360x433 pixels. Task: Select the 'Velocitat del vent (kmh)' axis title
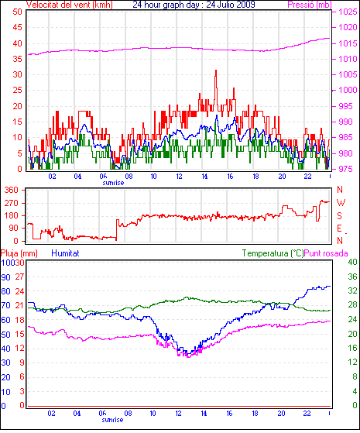tap(70, 5)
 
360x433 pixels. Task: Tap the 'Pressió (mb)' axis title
tap(310, 5)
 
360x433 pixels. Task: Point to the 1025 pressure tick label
tap(348, 12)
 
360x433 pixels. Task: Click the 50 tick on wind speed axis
tap(17, 12)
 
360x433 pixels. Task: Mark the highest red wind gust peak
tap(216, 70)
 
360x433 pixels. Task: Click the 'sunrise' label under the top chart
tap(113, 183)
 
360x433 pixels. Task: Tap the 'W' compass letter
tap(341, 203)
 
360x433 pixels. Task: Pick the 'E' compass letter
tap(339, 228)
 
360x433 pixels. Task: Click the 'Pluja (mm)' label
tap(19, 253)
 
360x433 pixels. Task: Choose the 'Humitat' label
tap(66, 253)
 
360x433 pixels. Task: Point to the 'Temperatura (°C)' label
tap(273, 253)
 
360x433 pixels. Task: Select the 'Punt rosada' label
tap(326, 253)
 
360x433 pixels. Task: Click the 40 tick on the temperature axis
tap(352, 262)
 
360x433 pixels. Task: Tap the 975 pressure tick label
tap(345, 169)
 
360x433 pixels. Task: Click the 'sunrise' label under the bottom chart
tap(112, 420)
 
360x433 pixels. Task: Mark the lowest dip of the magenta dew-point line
tap(189, 357)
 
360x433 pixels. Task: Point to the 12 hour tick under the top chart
tap(179, 176)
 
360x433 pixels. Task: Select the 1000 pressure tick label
tap(348, 90)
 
